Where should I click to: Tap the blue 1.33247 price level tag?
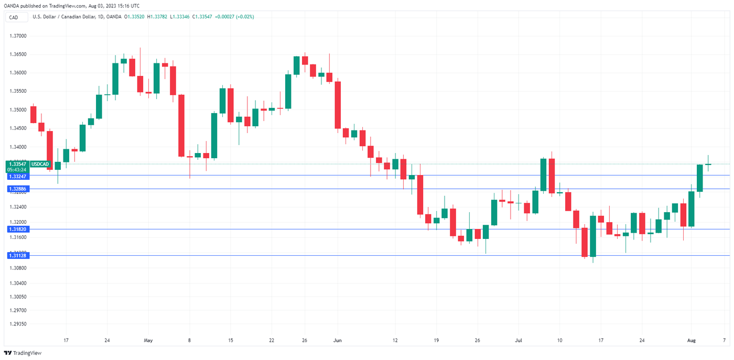[x=17, y=177]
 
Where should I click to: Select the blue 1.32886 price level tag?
[x=17, y=189]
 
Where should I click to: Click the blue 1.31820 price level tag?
[x=17, y=229]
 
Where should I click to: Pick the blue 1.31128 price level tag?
[x=17, y=255]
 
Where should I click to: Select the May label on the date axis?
[x=148, y=340]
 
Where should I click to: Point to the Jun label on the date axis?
[x=338, y=340]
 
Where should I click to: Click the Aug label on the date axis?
[x=691, y=340]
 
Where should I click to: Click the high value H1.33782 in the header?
[x=156, y=17]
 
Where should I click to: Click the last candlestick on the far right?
[x=708, y=164]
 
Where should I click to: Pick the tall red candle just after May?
[x=181, y=126]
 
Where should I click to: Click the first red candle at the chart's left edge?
[x=33, y=114]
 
